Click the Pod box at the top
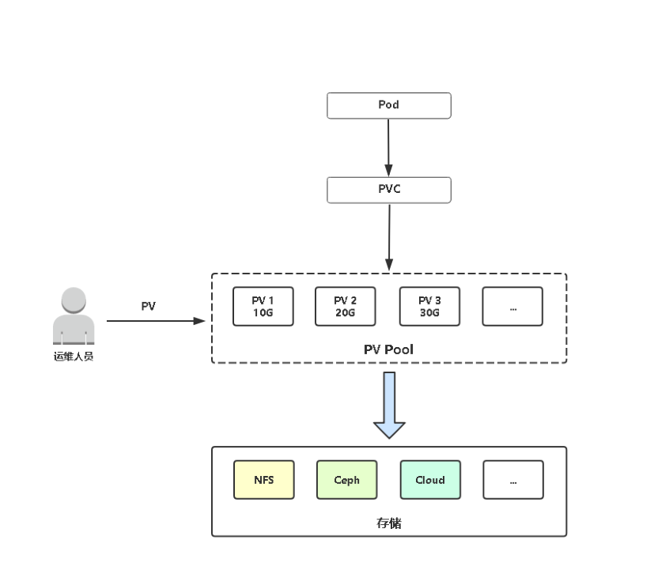tap(388, 105)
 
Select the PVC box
tap(388, 190)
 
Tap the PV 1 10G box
tap(263, 307)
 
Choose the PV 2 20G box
tap(345, 307)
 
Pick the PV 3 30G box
tap(429, 307)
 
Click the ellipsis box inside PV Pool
tap(512, 307)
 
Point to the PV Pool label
tap(388, 349)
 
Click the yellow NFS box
tap(263, 480)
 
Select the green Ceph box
tap(346, 480)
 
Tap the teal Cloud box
tap(429, 480)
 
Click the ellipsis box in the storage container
tap(513, 480)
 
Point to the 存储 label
tap(388, 523)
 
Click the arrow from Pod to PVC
tap(388, 147)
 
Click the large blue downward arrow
tap(389, 404)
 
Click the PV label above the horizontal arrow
tap(148, 306)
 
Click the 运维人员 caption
tap(74, 357)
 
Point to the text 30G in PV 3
tap(429, 312)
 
